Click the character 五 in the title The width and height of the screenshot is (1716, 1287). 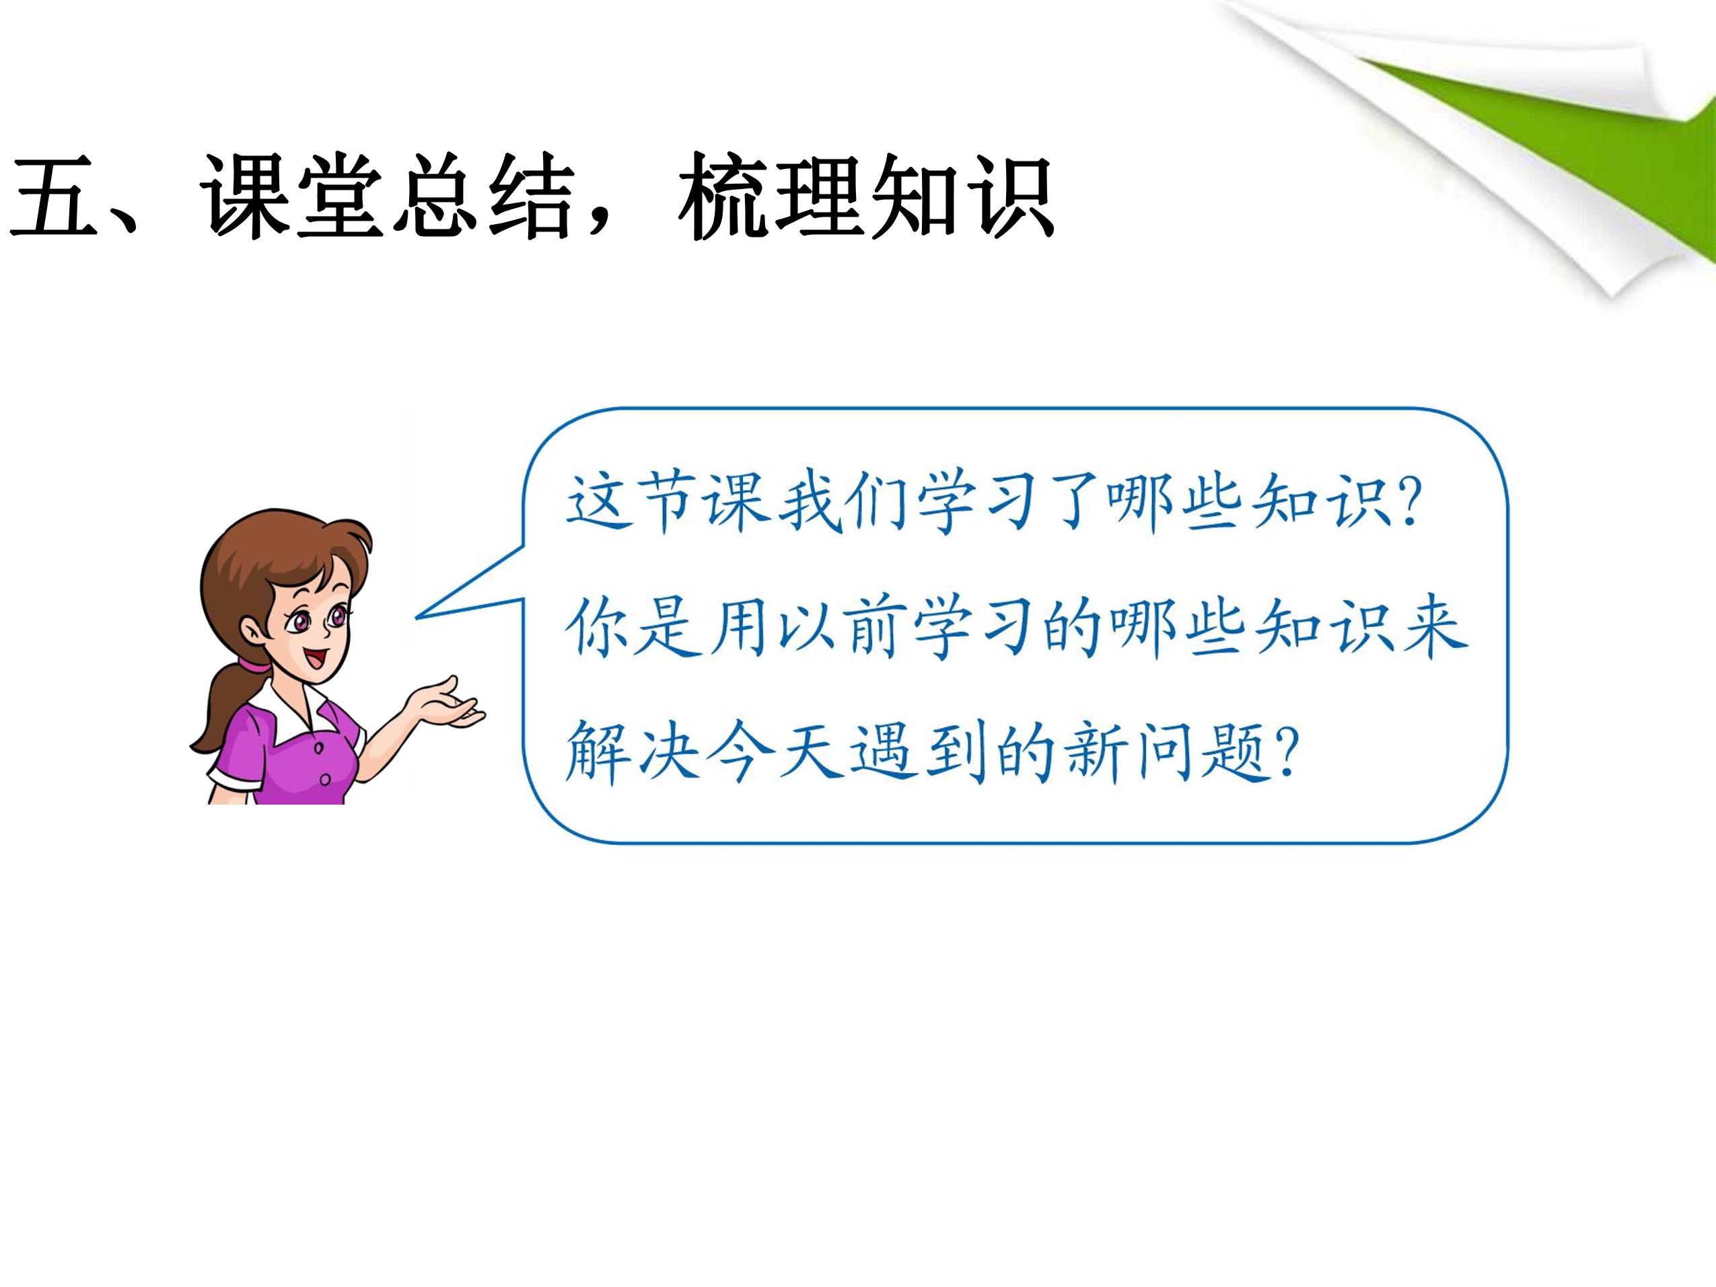point(55,196)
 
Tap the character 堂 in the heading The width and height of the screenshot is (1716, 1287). point(341,196)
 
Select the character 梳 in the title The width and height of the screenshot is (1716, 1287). point(722,196)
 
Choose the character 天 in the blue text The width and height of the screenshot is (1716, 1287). point(807,753)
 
